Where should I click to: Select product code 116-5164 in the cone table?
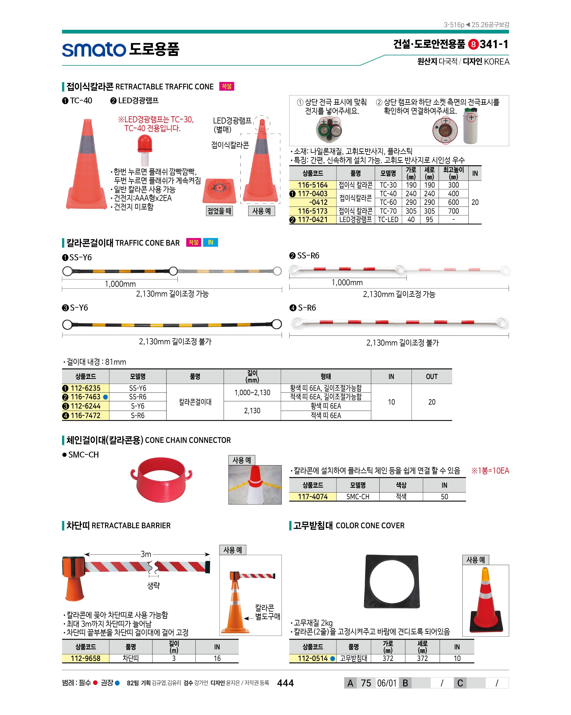pos(312,185)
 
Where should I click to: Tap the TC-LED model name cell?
pos(388,220)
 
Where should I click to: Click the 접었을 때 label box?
pos(219,211)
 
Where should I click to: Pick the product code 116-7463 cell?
pos(85,397)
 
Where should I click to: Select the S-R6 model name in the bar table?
pos(137,416)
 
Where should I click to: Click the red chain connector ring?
pos(162,479)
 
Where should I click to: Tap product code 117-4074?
pos(312,497)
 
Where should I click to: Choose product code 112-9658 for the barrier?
pos(85,658)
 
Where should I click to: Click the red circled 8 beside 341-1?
pos(473,44)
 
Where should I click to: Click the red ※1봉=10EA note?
pos(490,471)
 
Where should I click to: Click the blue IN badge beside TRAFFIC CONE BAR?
pos(211,242)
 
